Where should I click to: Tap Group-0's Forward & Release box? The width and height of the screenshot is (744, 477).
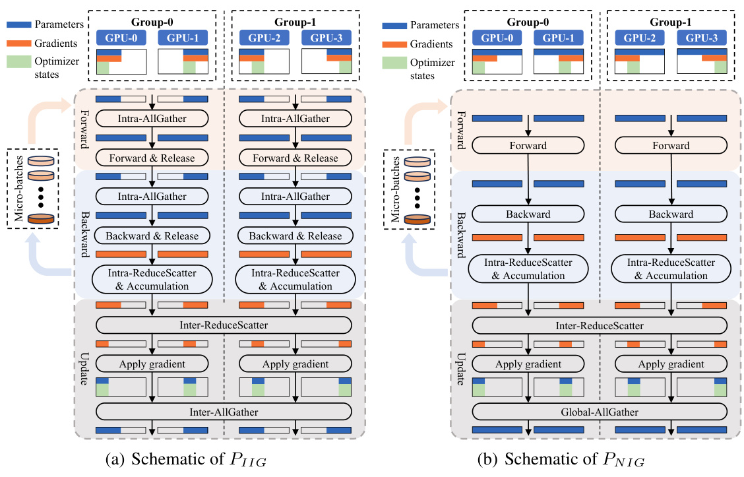152,158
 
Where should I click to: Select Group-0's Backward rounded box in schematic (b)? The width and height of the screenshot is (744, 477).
527,214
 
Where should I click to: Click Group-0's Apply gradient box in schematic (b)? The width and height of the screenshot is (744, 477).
527,364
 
